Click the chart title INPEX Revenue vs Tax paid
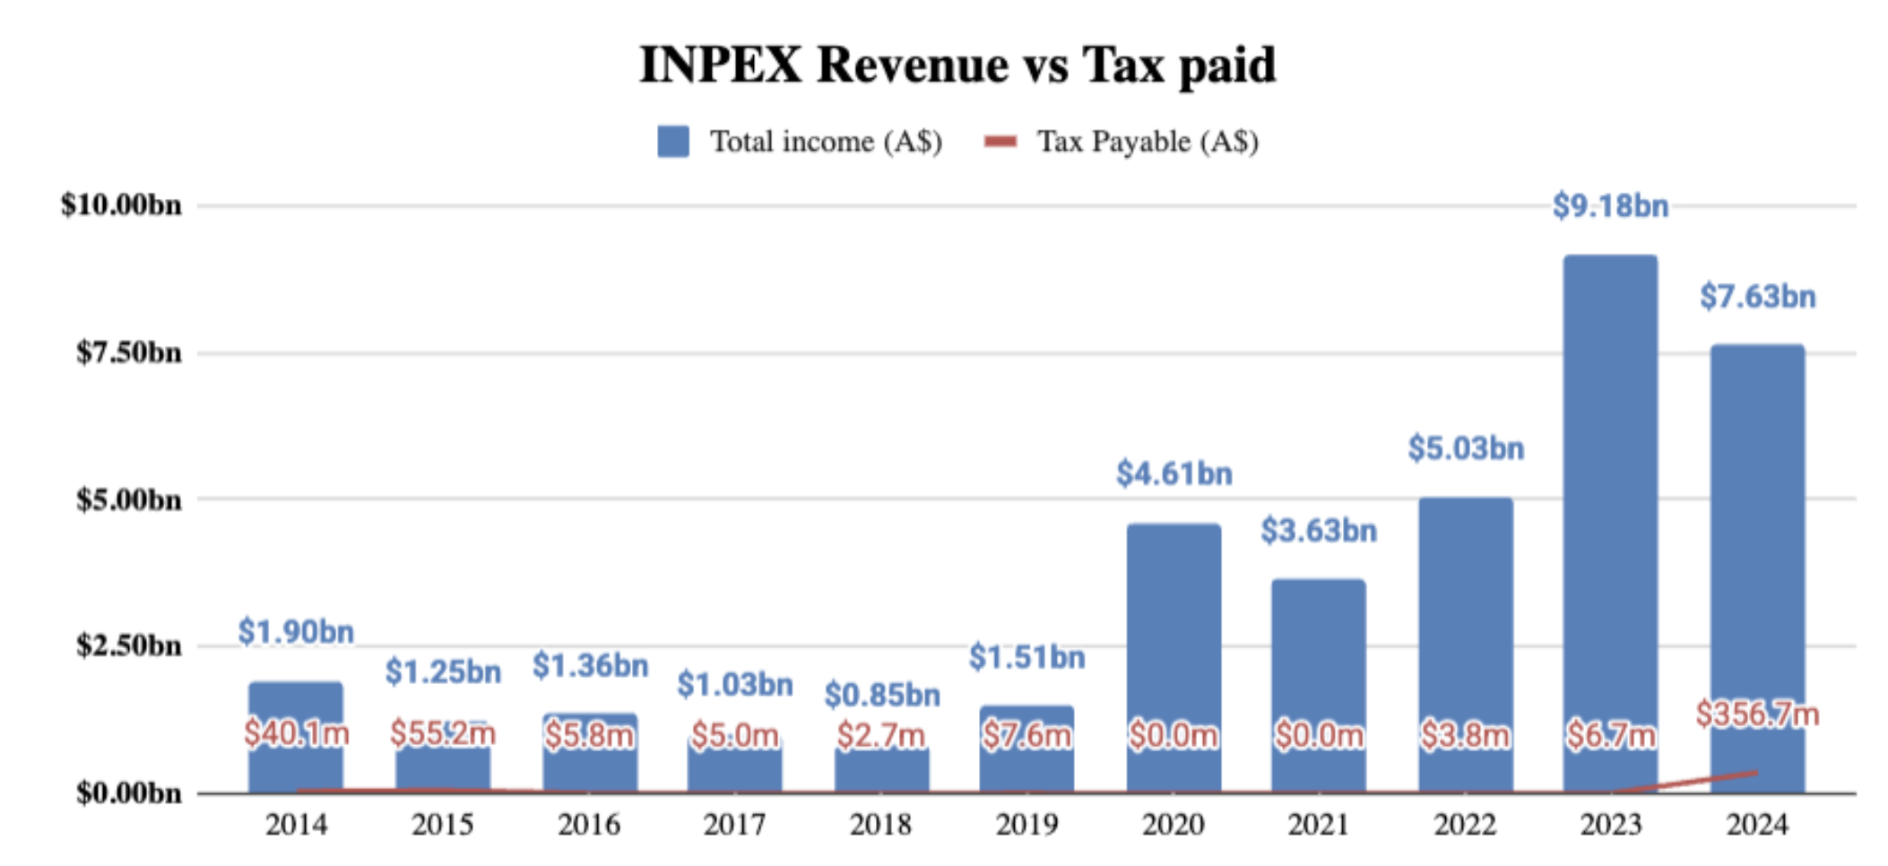(957, 65)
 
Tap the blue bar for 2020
(1174, 628)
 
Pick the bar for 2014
(296, 708)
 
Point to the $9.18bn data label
(1610, 206)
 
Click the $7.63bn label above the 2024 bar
(1757, 297)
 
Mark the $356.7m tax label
(1757, 714)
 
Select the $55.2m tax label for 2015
(443, 733)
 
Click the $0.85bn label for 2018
(882, 695)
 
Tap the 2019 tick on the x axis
(1027, 825)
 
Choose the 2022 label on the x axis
(1465, 825)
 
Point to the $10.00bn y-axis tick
(121, 205)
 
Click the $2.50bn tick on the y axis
(128, 645)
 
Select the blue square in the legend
(673, 142)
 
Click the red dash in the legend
(1000, 142)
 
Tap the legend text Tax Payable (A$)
(1148, 142)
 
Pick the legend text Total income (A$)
(826, 142)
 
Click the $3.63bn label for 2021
(1319, 531)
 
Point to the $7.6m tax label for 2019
(1027, 735)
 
